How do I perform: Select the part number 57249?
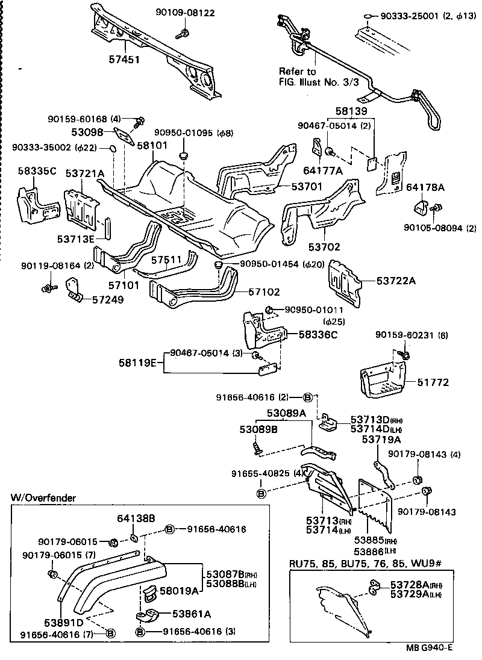point(108,299)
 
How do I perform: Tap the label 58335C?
point(36,171)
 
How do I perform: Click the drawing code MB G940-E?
point(430,648)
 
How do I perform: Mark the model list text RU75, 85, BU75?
point(337,564)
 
